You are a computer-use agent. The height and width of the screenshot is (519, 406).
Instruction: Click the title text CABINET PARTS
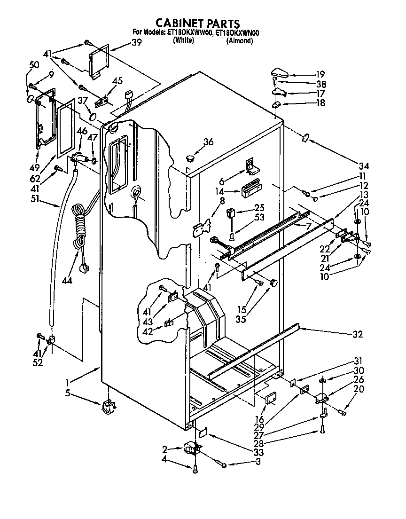[x=198, y=24]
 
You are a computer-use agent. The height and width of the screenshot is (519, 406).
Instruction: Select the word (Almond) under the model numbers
[x=240, y=40]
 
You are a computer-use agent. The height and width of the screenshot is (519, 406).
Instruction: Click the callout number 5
[x=68, y=393]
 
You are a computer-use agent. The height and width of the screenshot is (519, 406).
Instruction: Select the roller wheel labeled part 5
[x=108, y=406]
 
